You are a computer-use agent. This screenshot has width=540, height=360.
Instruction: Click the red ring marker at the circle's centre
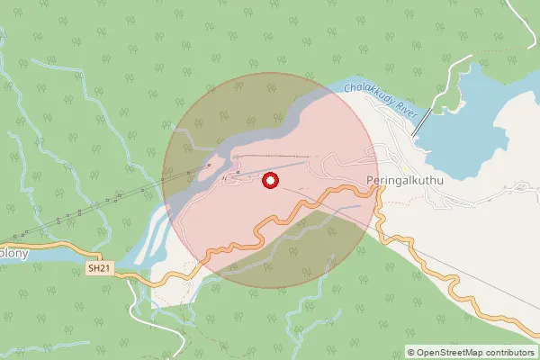269,182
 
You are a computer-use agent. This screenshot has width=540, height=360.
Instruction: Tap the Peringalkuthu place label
408,180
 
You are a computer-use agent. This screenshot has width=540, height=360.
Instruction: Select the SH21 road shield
100,268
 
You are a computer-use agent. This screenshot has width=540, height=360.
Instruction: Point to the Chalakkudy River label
378,103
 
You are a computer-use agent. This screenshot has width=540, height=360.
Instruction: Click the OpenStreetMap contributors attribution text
470,352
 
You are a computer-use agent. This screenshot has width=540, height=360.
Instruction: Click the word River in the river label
399,112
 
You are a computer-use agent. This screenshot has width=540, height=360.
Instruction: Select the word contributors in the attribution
506,352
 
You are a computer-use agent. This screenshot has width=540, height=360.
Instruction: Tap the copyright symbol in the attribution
411,352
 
